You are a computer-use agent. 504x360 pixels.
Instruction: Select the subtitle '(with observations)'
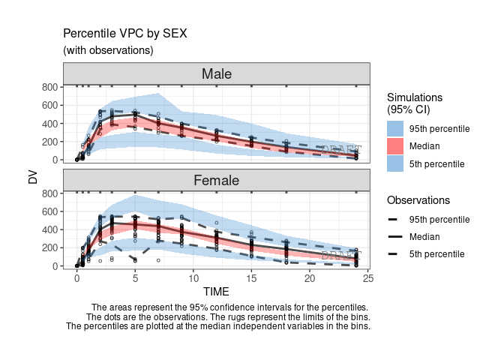coord(108,50)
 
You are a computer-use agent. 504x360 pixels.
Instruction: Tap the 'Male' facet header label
coord(217,73)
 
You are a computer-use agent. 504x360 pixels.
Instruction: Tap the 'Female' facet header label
coord(217,180)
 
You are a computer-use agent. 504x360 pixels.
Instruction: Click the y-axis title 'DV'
coord(32,178)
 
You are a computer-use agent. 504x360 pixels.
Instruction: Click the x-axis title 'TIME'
coord(217,291)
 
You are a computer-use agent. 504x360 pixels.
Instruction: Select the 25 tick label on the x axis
coord(367,279)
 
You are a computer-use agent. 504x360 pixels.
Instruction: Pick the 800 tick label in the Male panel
coord(48,87)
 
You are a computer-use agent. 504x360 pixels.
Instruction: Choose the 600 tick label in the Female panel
coord(48,211)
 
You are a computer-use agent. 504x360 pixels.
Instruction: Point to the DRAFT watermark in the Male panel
coord(341,150)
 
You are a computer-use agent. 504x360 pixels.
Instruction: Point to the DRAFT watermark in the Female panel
coord(341,256)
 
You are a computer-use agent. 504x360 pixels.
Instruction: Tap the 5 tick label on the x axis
coord(135,279)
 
